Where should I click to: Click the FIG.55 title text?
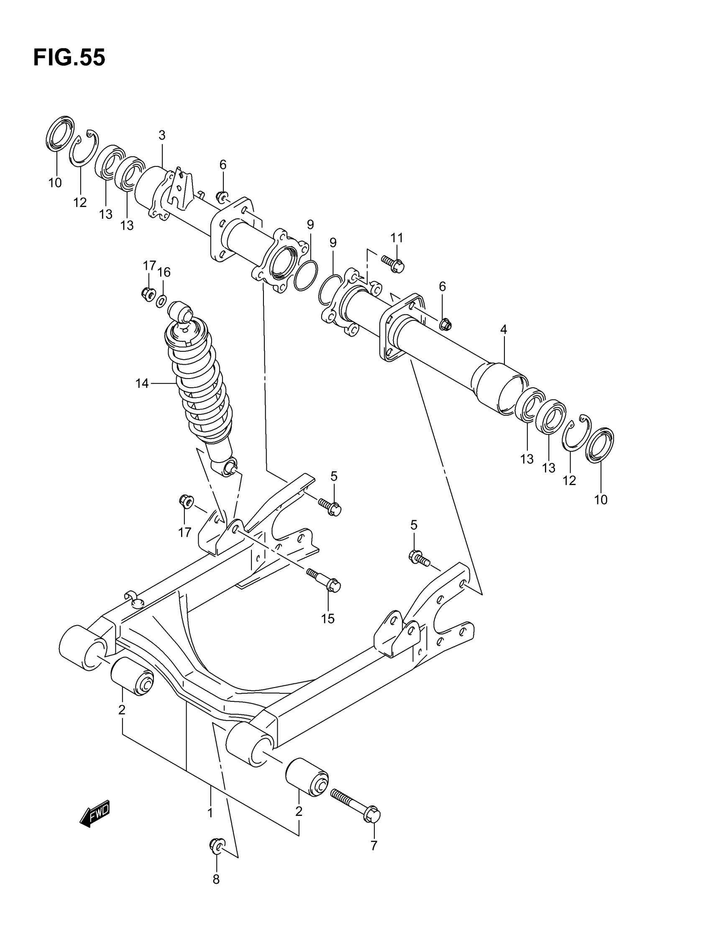point(69,58)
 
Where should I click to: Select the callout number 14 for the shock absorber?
point(142,384)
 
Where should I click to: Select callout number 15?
point(328,619)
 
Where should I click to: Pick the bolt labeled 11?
point(393,263)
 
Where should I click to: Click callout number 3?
point(162,135)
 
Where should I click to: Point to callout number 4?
point(504,329)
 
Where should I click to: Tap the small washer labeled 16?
point(162,301)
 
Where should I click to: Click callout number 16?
point(164,272)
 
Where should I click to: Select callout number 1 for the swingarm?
point(210,813)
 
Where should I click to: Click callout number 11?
point(396,238)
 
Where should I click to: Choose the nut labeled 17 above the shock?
point(148,294)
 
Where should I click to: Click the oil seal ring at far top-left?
point(59,133)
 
